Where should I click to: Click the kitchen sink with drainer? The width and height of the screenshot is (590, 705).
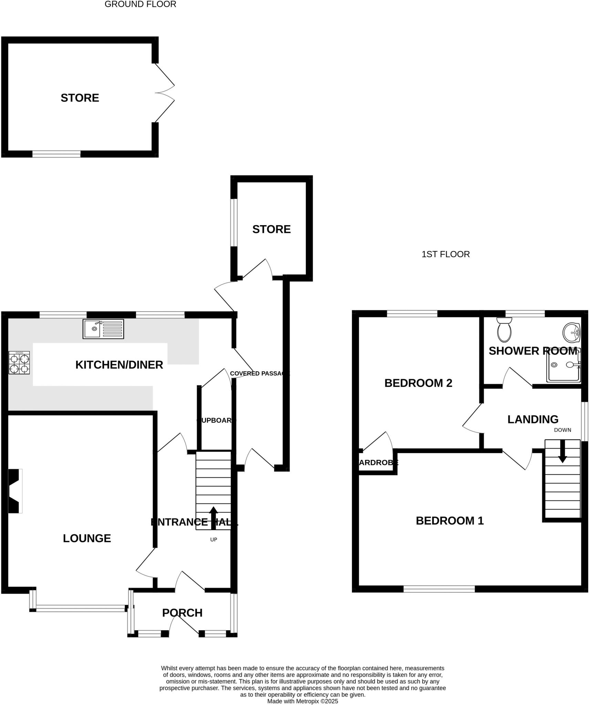click(103, 329)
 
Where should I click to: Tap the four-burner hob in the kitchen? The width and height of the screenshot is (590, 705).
click(19, 363)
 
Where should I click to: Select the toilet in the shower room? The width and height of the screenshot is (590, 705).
click(505, 329)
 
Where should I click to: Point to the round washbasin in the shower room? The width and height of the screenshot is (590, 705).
click(571, 333)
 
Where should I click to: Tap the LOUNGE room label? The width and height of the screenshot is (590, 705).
click(87, 538)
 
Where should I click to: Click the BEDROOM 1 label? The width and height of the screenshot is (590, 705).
click(449, 521)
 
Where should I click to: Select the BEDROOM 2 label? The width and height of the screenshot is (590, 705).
click(418, 383)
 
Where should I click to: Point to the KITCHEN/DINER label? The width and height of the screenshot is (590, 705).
click(119, 365)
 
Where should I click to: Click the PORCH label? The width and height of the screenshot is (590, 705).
click(182, 613)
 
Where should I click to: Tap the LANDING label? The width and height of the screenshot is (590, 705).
click(533, 419)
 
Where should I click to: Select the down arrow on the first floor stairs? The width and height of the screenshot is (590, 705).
click(562, 451)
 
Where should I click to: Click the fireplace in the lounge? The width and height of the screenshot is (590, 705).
click(15, 491)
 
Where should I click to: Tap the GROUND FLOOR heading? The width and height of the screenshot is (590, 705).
click(140, 4)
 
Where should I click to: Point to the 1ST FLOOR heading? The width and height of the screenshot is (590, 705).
click(445, 254)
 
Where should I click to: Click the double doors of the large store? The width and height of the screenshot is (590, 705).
click(165, 93)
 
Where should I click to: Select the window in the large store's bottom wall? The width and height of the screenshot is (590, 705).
click(56, 154)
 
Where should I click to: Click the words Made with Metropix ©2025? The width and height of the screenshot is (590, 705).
click(302, 701)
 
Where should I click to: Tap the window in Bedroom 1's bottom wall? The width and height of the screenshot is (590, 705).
click(439, 589)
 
